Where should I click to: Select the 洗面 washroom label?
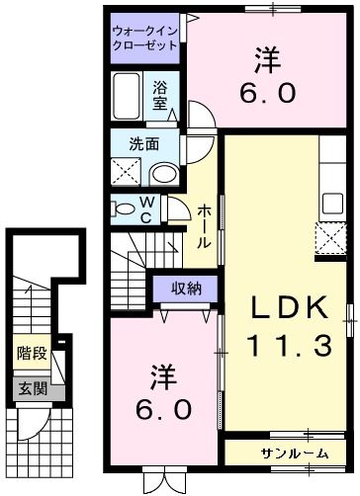144,144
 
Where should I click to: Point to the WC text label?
146,210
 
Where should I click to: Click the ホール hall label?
202,225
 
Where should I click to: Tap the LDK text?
288,308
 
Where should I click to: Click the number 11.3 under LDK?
288,346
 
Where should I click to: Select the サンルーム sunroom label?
295,453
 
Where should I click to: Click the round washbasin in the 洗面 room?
163,174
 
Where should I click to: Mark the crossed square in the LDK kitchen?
327,238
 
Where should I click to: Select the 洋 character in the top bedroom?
263,60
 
